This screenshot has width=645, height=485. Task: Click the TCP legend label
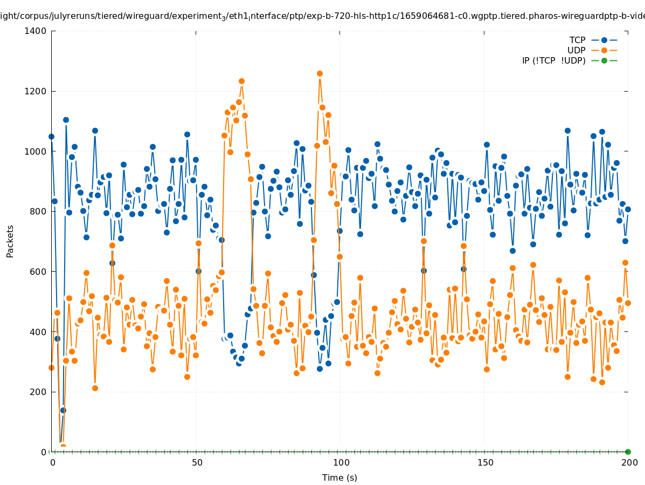point(577,40)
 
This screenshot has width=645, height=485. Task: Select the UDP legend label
point(576,50)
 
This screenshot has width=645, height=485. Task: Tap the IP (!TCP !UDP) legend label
point(553,60)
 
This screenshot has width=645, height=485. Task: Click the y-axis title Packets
point(10,241)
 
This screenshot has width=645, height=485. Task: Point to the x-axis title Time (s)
point(339,477)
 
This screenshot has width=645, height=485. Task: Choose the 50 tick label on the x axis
point(197,462)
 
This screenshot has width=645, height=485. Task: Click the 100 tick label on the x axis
point(341,462)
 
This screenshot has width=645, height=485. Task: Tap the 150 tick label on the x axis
point(485,462)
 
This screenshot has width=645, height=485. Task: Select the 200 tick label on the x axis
point(629,462)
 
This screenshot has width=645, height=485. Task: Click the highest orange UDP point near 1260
point(320,73)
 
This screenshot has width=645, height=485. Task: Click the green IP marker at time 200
point(628,452)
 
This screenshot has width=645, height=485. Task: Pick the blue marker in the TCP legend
point(604,40)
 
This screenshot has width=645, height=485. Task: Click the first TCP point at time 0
point(51,136)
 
